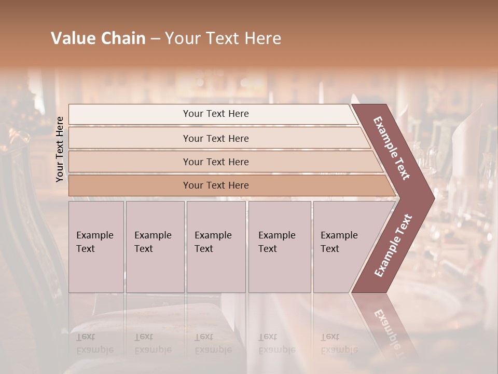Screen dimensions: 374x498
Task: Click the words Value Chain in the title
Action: [98, 38]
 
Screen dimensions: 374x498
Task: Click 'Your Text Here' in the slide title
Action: [223, 38]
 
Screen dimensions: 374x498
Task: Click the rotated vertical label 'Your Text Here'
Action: [60, 149]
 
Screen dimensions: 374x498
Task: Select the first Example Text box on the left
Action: [96, 247]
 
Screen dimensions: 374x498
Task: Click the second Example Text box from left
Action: [155, 247]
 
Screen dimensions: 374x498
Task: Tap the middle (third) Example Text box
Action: [216, 247]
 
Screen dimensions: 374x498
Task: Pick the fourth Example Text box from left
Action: [280, 247]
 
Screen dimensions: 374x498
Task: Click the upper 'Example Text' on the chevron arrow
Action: [392, 148]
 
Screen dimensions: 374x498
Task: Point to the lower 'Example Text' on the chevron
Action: [393, 245]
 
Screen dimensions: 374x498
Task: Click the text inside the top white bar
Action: [216, 114]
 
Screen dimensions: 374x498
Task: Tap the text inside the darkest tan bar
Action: [216, 185]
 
